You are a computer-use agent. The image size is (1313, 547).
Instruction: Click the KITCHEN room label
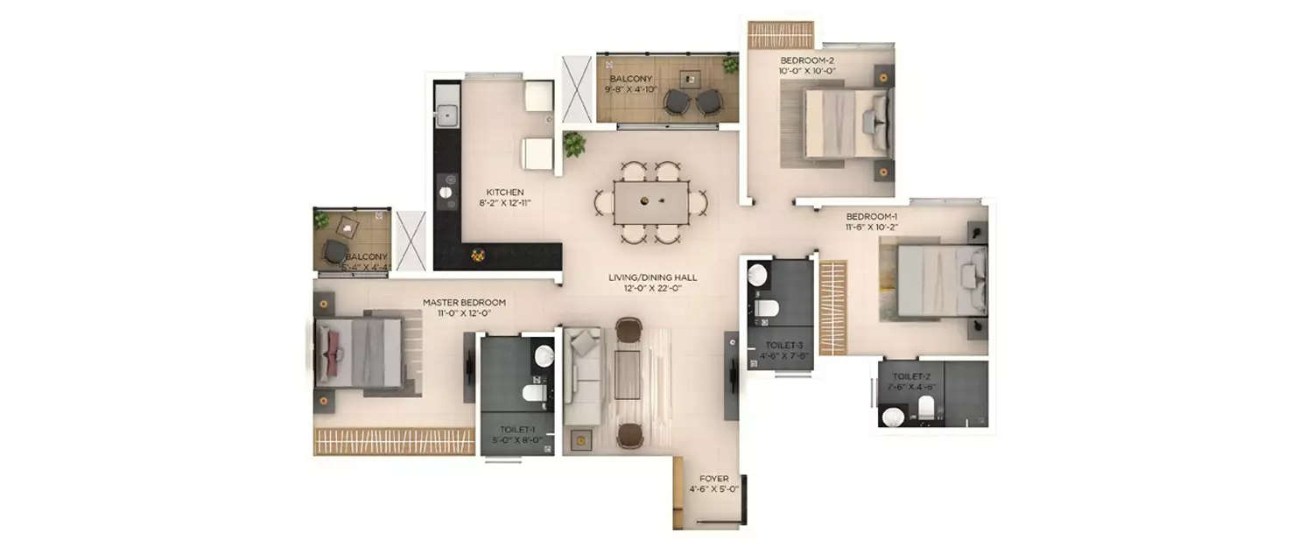(x=506, y=192)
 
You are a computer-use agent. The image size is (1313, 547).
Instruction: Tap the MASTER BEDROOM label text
(x=464, y=303)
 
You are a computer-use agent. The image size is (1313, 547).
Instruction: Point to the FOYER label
(x=714, y=479)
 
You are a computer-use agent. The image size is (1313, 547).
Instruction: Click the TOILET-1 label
(x=517, y=430)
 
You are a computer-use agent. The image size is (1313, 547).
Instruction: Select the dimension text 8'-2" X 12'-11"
(x=506, y=203)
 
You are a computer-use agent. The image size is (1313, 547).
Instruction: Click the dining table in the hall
(x=650, y=201)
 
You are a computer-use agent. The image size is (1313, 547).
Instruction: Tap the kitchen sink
(x=447, y=114)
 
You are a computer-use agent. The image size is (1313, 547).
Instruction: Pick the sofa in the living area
(x=581, y=376)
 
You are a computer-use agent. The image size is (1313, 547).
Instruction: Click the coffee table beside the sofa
(x=628, y=374)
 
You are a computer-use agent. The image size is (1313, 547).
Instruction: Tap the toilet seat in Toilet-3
(x=768, y=308)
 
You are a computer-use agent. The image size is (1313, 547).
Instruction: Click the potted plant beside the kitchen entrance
(x=574, y=144)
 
